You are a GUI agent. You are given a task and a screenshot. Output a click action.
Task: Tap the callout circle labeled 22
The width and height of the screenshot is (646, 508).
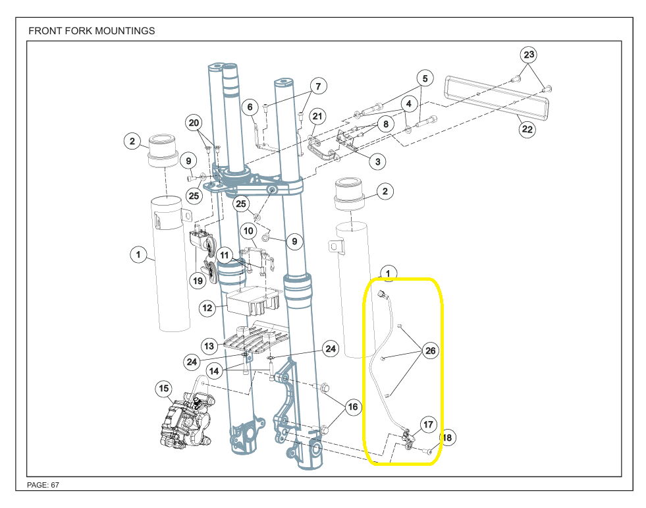click(527, 129)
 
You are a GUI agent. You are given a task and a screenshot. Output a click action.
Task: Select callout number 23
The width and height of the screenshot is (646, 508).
click(529, 55)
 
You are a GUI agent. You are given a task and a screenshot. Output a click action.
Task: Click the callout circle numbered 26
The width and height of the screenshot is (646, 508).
click(430, 351)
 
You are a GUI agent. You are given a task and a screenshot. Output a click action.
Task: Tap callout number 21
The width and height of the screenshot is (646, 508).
click(318, 117)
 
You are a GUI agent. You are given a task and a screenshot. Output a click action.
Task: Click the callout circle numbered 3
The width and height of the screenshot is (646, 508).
click(377, 161)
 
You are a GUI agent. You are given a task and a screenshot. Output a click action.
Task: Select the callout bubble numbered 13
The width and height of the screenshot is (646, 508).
click(209, 345)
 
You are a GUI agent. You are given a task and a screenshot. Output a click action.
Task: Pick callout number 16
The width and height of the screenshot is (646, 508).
click(353, 407)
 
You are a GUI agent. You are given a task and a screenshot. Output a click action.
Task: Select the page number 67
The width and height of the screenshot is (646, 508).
click(55, 485)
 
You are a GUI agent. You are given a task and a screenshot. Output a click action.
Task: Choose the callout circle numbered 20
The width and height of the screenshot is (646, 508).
click(194, 123)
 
